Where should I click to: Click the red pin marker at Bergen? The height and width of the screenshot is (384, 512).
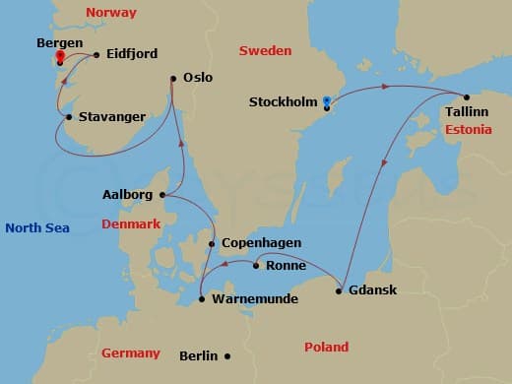[60, 56]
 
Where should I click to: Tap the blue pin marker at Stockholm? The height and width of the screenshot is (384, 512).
[327, 100]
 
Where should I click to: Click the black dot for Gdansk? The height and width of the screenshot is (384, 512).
[339, 289]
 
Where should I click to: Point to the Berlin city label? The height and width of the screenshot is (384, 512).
[199, 355]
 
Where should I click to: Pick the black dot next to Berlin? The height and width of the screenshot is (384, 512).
[227, 355]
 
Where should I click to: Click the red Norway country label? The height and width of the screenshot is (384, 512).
[110, 13]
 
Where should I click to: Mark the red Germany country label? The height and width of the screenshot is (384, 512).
[131, 353]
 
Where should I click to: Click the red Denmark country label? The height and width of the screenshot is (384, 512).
[131, 224]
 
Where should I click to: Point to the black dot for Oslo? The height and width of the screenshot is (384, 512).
[173, 78]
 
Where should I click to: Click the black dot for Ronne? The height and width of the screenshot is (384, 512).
[256, 265]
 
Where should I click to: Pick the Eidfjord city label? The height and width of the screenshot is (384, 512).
[135, 57]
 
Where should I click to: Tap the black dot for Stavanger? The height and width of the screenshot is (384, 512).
[68, 118]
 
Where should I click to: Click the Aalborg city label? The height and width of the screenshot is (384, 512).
[127, 195]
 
